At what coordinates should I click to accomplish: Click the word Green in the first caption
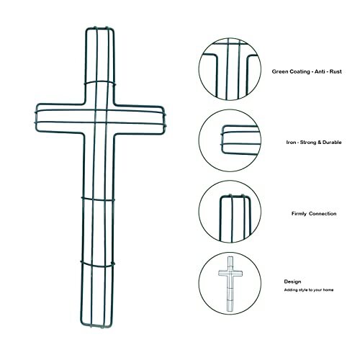(x=280, y=71)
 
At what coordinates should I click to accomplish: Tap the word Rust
(x=336, y=71)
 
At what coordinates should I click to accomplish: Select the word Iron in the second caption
(x=291, y=143)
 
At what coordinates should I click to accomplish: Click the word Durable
(x=332, y=143)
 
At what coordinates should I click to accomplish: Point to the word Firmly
(x=299, y=214)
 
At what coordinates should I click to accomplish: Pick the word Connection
(x=323, y=214)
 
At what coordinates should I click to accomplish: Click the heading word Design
(x=292, y=282)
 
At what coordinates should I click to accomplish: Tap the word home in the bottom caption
(x=328, y=290)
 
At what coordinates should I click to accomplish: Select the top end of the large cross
(x=100, y=28)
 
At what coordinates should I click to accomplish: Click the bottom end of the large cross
(x=96, y=327)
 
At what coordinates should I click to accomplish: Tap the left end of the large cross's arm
(x=36, y=117)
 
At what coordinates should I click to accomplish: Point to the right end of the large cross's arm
(x=165, y=120)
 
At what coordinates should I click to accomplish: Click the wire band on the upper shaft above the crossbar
(x=100, y=82)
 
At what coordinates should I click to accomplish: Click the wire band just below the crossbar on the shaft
(x=98, y=199)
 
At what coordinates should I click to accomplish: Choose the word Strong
(x=308, y=143)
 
